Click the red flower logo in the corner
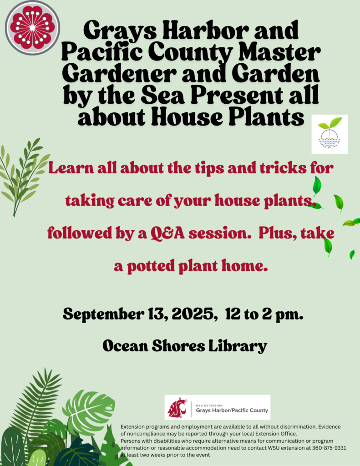tap(32, 27)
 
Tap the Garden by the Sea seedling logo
tap(330, 134)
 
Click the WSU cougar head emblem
tap(177, 408)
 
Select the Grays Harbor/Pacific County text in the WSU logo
tap(232, 410)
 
